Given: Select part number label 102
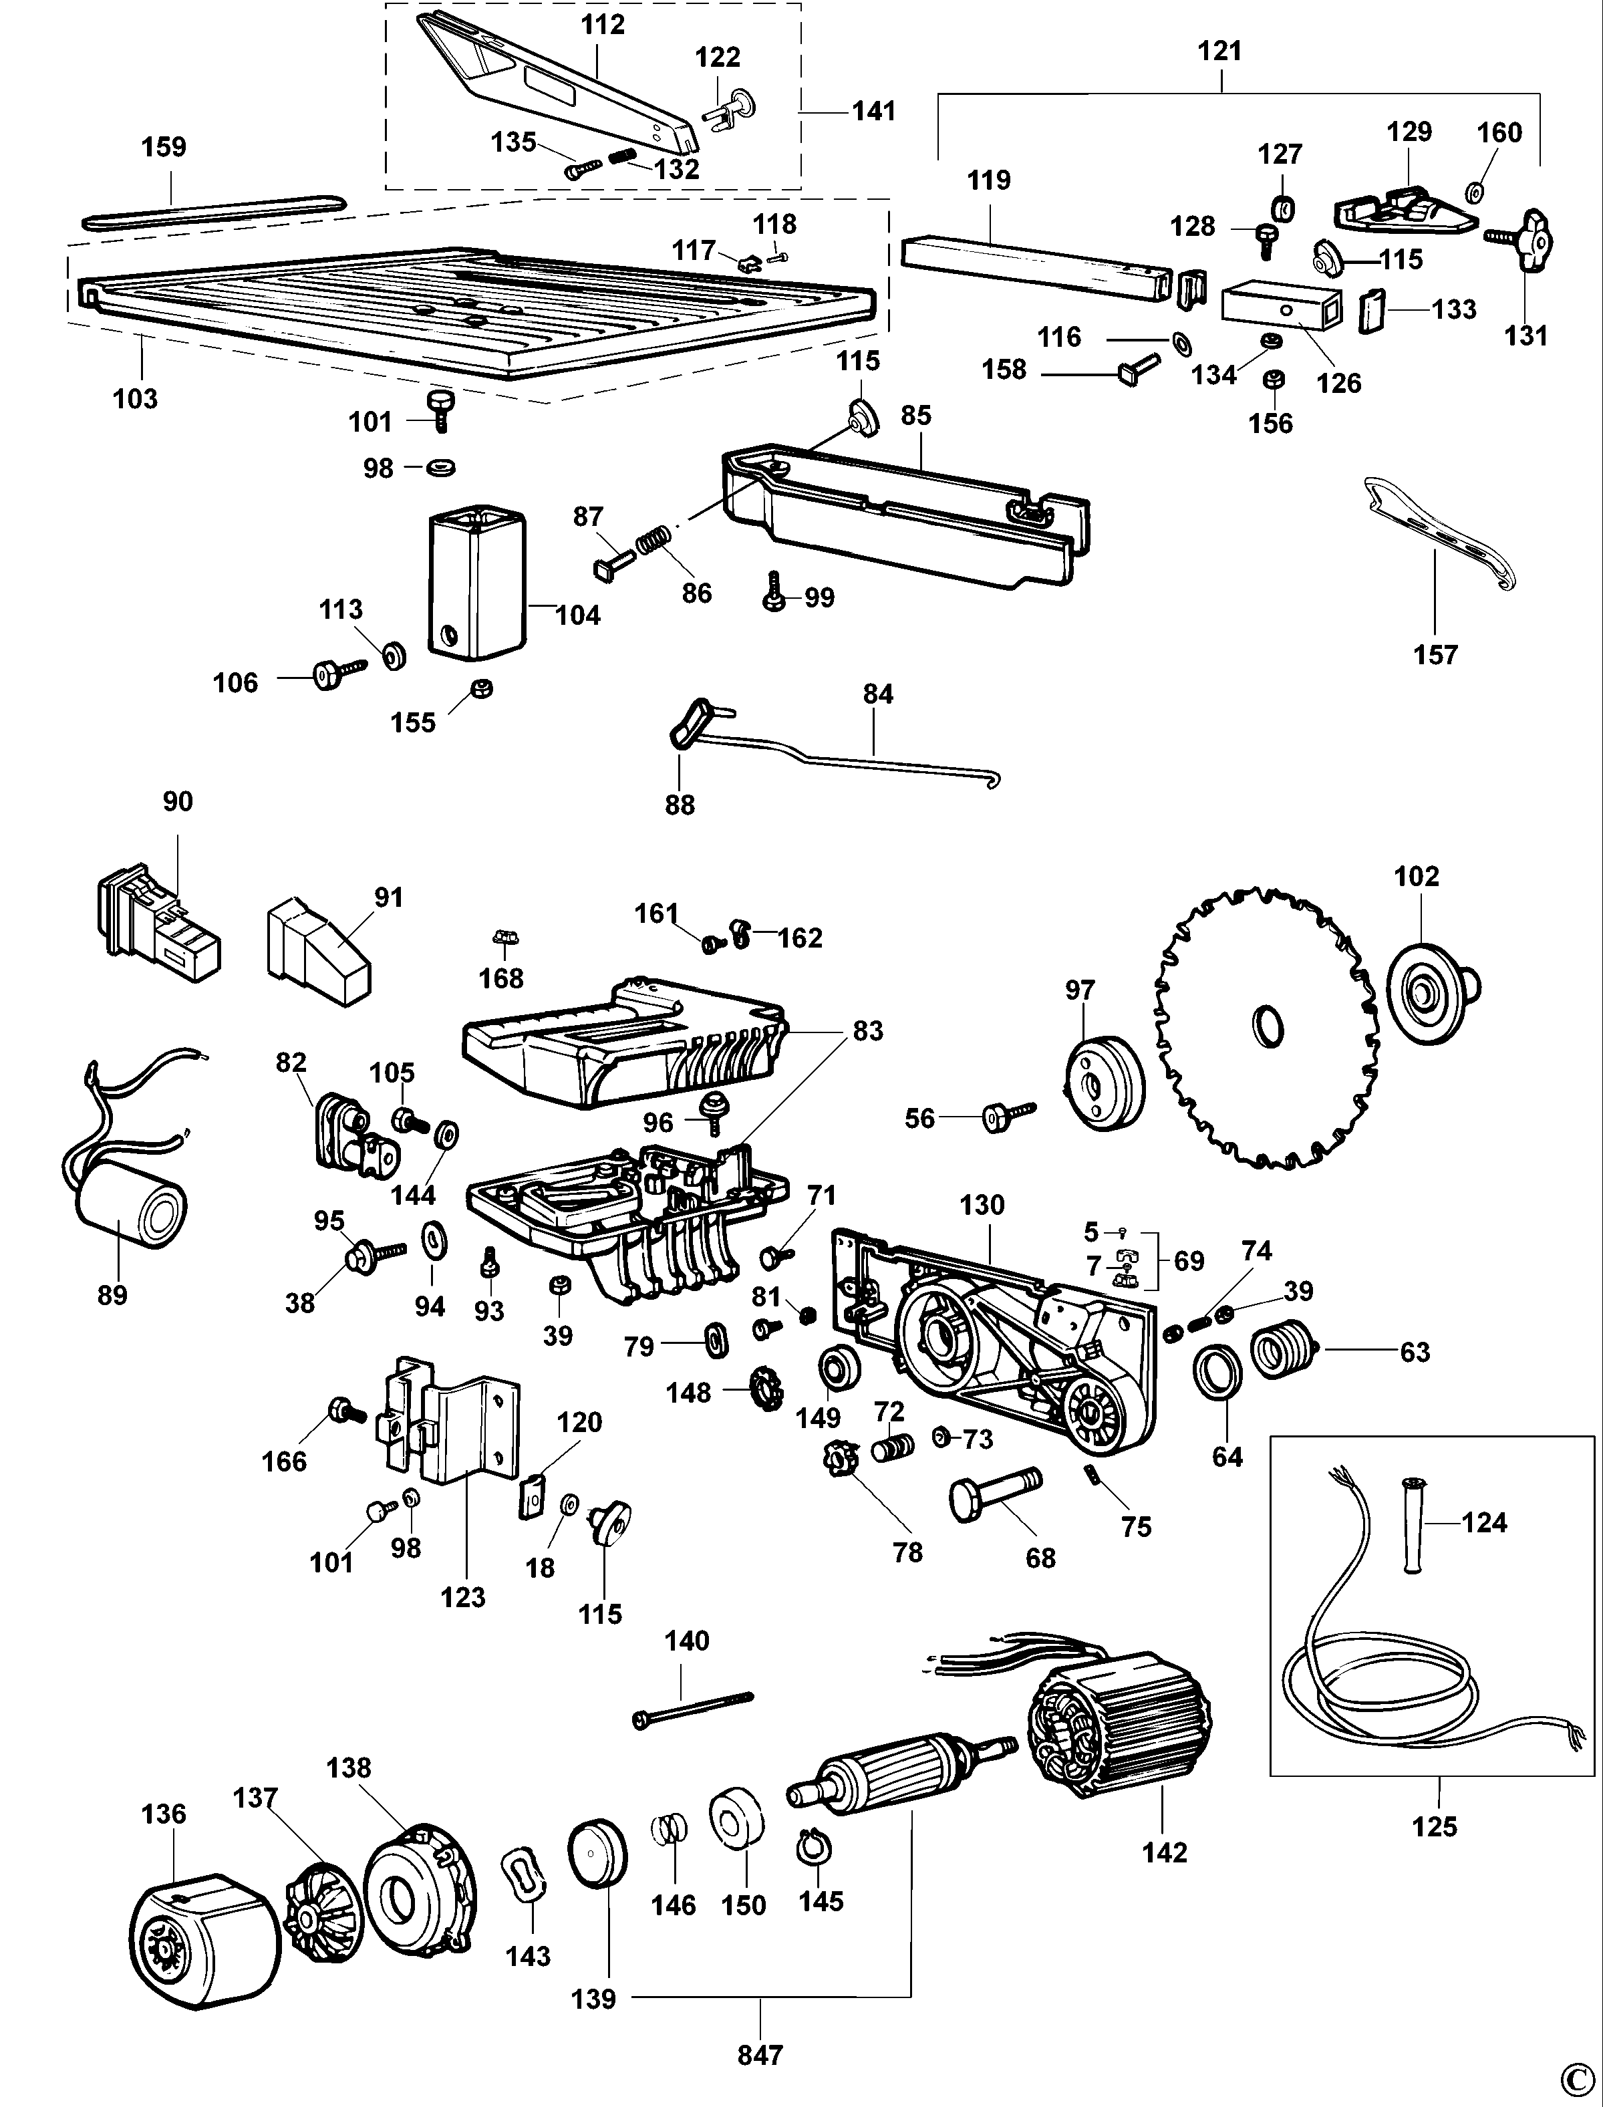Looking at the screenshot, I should [1416, 876].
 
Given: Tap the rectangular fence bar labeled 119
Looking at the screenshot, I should [1035, 267].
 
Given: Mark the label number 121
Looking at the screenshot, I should [1219, 51].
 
